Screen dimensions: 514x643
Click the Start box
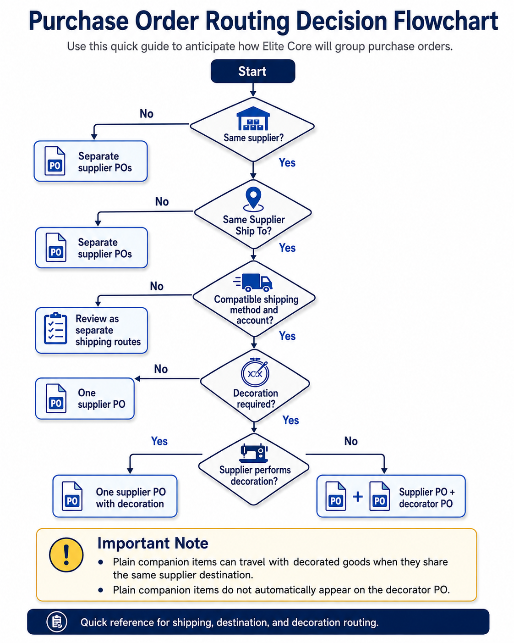(253, 71)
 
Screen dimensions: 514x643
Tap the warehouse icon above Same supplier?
(253, 118)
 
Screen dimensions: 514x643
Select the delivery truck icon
(253, 283)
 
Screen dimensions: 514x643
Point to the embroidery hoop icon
(255, 372)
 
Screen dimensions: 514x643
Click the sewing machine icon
(254, 453)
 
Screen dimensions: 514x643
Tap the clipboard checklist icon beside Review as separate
(55, 328)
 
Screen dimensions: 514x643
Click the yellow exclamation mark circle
(66, 555)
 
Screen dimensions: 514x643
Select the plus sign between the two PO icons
(358, 497)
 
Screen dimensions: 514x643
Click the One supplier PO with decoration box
(115, 496)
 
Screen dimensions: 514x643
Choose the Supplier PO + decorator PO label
(427, 498)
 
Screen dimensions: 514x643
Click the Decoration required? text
(256, 399)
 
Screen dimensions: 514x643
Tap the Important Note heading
(153, 543)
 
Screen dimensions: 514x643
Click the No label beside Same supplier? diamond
(147, 114)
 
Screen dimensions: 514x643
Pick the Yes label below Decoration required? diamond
(290, 420)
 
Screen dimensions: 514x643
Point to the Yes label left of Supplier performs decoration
(159, 441)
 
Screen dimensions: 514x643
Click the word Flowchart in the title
(446, 21)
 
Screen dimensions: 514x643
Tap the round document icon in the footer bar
(57, 622)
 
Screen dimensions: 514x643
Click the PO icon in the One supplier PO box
(56, 398)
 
